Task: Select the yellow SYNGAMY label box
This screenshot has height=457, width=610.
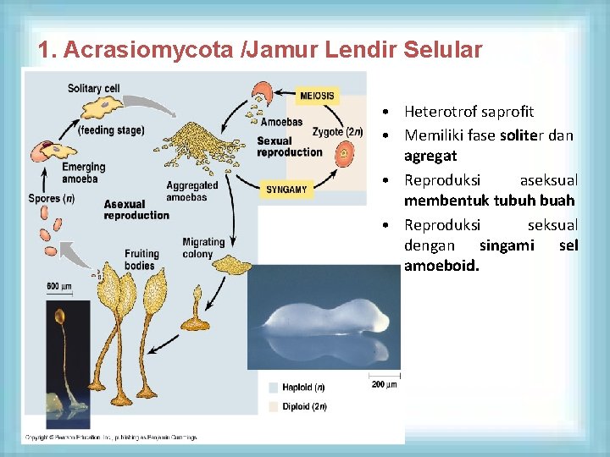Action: point(287,190)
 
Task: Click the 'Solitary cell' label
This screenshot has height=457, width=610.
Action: point(94,88)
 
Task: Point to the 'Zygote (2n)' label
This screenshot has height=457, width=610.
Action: point(337,131)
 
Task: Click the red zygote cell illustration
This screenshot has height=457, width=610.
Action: point(345,154)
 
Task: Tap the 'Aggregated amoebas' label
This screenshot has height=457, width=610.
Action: point(191,191)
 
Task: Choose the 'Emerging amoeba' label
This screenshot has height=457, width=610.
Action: point(84,173)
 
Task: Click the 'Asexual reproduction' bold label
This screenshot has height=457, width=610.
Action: point(136,210)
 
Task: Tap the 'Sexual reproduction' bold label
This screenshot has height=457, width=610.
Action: point(289,146)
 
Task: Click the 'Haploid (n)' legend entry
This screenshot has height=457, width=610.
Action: point(302,388)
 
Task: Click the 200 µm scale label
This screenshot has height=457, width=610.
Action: point(384,385)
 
